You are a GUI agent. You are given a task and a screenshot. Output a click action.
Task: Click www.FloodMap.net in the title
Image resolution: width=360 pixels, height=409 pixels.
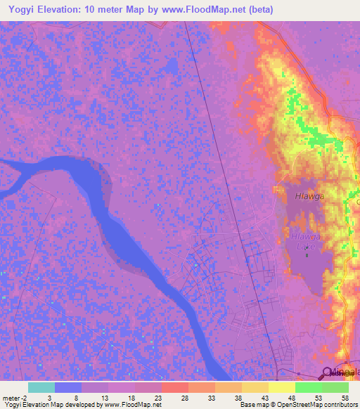click(x=204, y=10)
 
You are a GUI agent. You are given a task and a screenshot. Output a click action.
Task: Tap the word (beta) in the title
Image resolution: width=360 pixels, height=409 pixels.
click(x=259, y=10)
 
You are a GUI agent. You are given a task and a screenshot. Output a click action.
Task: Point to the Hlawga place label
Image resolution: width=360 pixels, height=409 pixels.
click(x=309, y=197)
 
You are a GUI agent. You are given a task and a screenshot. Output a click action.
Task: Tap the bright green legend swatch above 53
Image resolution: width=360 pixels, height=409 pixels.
click(x=308, y=387)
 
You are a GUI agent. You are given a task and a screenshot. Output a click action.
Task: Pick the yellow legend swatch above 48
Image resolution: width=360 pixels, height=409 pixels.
click(x=281, y=387)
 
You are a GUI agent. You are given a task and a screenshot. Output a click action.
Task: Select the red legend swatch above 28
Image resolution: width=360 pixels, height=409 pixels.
click(x=174, y=387)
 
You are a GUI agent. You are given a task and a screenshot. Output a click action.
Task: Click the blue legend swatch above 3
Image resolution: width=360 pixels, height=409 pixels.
click(x=67, y=387)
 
